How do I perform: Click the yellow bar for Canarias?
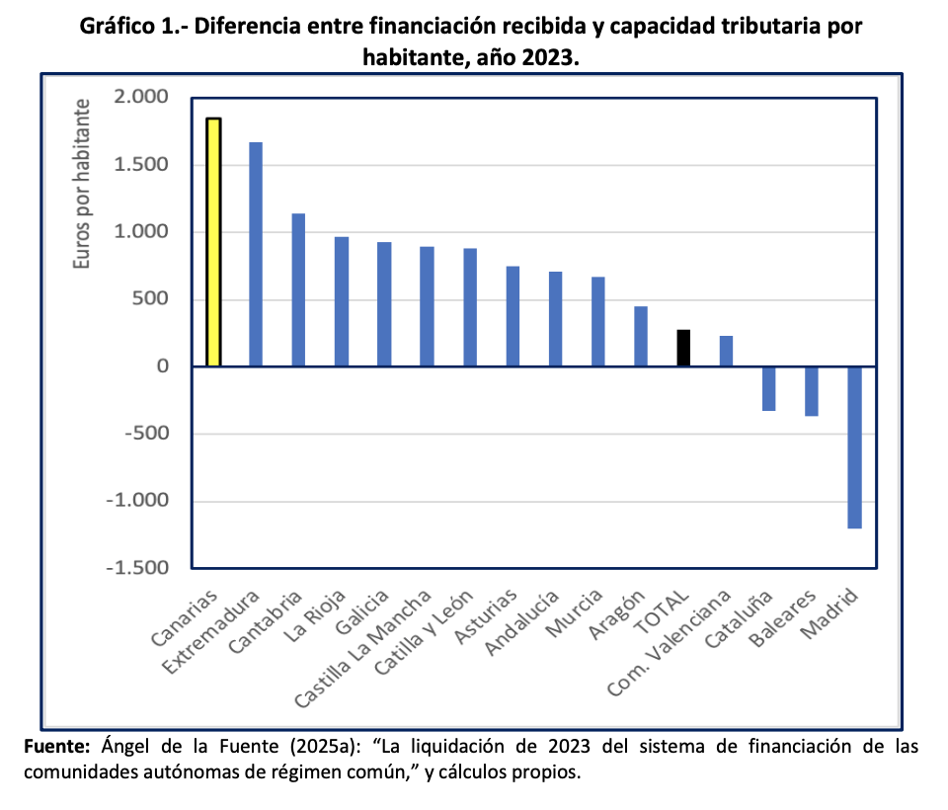(213, 242)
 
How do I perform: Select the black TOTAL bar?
(683, 349)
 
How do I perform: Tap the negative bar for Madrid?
(854, 446)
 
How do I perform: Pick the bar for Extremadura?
(256, 254)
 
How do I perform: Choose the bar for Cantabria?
(298, 289)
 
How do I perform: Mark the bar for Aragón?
(641, 337)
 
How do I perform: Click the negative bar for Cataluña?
(769, 388)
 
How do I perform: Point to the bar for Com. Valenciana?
(726, 352)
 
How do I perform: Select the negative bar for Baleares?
(812, 391)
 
